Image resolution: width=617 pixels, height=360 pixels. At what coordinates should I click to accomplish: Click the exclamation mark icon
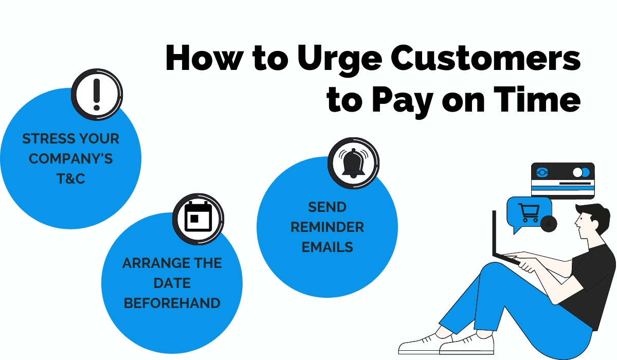coord(97,95)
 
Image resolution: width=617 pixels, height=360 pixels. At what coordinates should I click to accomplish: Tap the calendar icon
coord(198,219)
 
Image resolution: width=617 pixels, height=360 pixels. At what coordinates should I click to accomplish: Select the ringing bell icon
coord(353,163)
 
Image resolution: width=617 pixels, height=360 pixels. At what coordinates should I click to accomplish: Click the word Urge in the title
coord(340,59)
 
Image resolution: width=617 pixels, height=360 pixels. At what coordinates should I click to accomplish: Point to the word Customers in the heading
coord(486,57)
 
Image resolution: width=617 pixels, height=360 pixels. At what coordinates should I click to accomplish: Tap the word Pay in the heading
coord(403,102)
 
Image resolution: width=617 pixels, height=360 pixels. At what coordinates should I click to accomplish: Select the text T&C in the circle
coord(71,178)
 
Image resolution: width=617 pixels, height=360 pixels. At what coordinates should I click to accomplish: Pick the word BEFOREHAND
coord(172,303)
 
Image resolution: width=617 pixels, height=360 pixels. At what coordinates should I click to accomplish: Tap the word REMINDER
coord(327,227)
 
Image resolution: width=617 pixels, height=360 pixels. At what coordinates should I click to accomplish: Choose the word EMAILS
coord(327,247)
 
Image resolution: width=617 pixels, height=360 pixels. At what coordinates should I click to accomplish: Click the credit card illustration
coord(562,181)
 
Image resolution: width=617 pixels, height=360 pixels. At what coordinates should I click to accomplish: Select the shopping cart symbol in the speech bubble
coord(529,212)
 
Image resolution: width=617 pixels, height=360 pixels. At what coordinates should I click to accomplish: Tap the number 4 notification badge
coord(549,224)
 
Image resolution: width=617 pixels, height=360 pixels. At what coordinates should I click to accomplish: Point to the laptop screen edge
coord(495,233)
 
